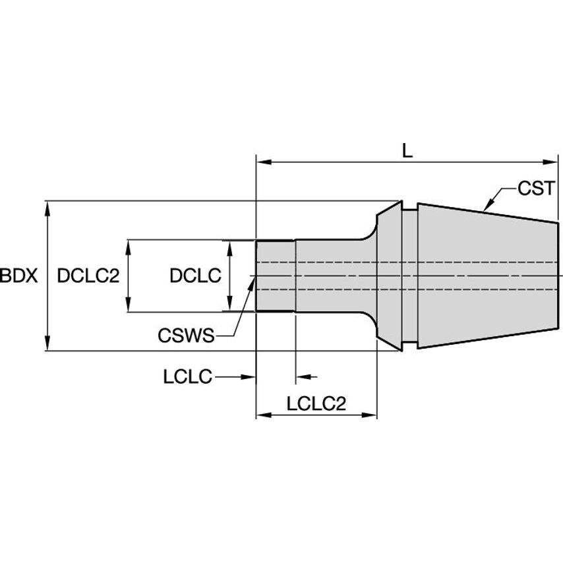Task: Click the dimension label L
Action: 407,150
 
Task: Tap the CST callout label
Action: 535,189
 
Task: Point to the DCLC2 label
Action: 88,276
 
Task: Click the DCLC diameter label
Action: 194,276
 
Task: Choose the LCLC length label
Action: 187,377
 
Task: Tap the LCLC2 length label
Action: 316,403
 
